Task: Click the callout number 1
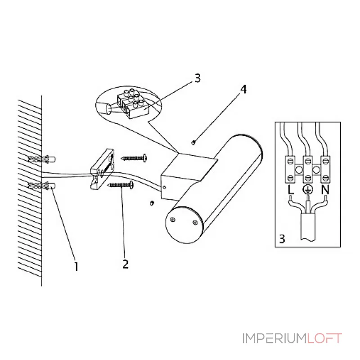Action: (76, 266)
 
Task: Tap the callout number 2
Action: (126, 264)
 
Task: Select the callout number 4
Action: (243, 89)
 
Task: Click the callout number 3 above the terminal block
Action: (198, 78)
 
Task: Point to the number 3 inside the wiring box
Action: (282, 239)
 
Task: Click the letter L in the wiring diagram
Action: (290, 190)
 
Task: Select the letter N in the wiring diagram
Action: (325, 190)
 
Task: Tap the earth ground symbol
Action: (308, 189)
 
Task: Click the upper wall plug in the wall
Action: (42, 159)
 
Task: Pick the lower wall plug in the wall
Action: (42, 185)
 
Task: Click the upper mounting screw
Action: (134, 158)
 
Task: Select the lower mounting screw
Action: (121, 184)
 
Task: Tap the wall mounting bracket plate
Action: (102, 170)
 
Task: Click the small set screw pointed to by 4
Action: (193, 143)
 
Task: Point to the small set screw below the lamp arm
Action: (152, 203)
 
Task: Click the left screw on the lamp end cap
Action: (172, 220)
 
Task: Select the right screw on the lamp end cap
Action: (195, 222)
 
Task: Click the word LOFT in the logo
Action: (324, 338)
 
